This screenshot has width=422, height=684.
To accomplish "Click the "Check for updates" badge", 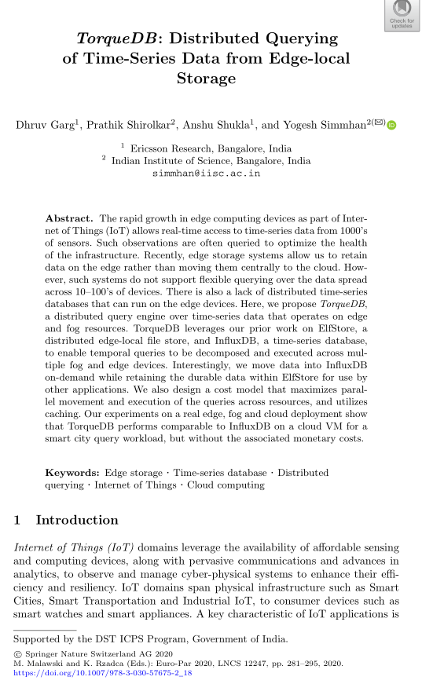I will pos(401,15).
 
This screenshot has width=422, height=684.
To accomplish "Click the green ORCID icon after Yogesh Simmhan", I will pos(392,125).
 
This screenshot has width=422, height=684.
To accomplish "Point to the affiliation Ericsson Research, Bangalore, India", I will pos(211,148).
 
